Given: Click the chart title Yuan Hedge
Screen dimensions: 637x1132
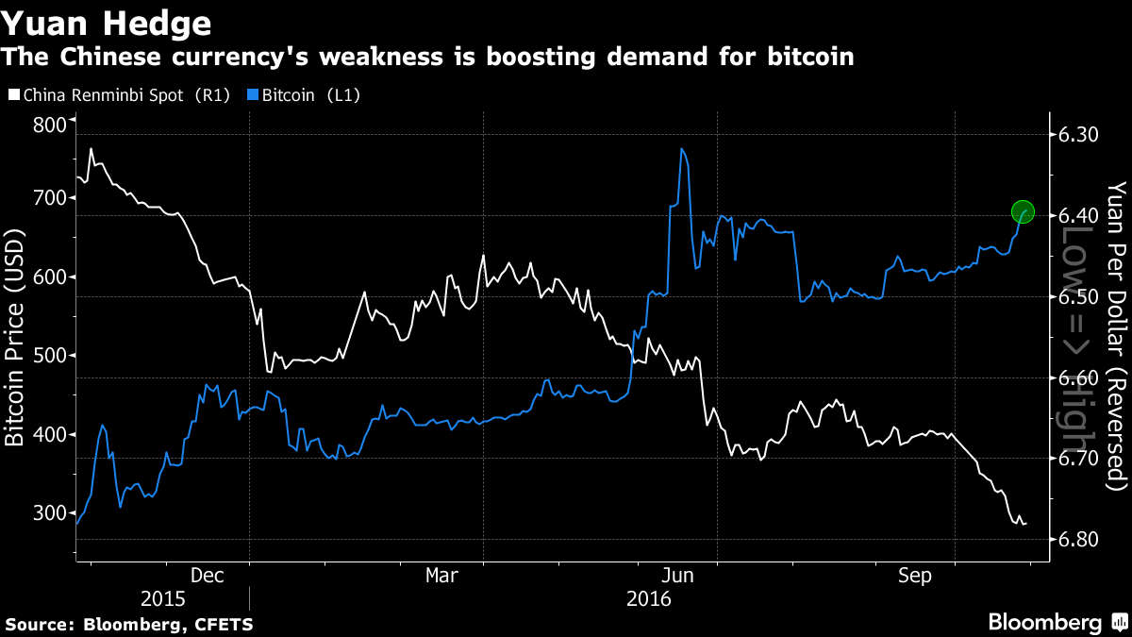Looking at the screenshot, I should click(x=106, y=21).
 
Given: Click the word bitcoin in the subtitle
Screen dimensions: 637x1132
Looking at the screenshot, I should click(x=807, y=58).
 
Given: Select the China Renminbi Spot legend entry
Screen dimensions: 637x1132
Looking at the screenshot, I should click(x=119, y=95).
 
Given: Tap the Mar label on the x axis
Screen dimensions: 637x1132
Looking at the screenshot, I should click(x=441, y=575).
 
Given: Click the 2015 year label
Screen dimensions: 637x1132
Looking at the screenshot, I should click(x=163, y=598).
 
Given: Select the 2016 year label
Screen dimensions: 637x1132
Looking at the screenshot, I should click(x=648, y=598).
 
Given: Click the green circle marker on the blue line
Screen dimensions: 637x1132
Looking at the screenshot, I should click(x=1024, y=212).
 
